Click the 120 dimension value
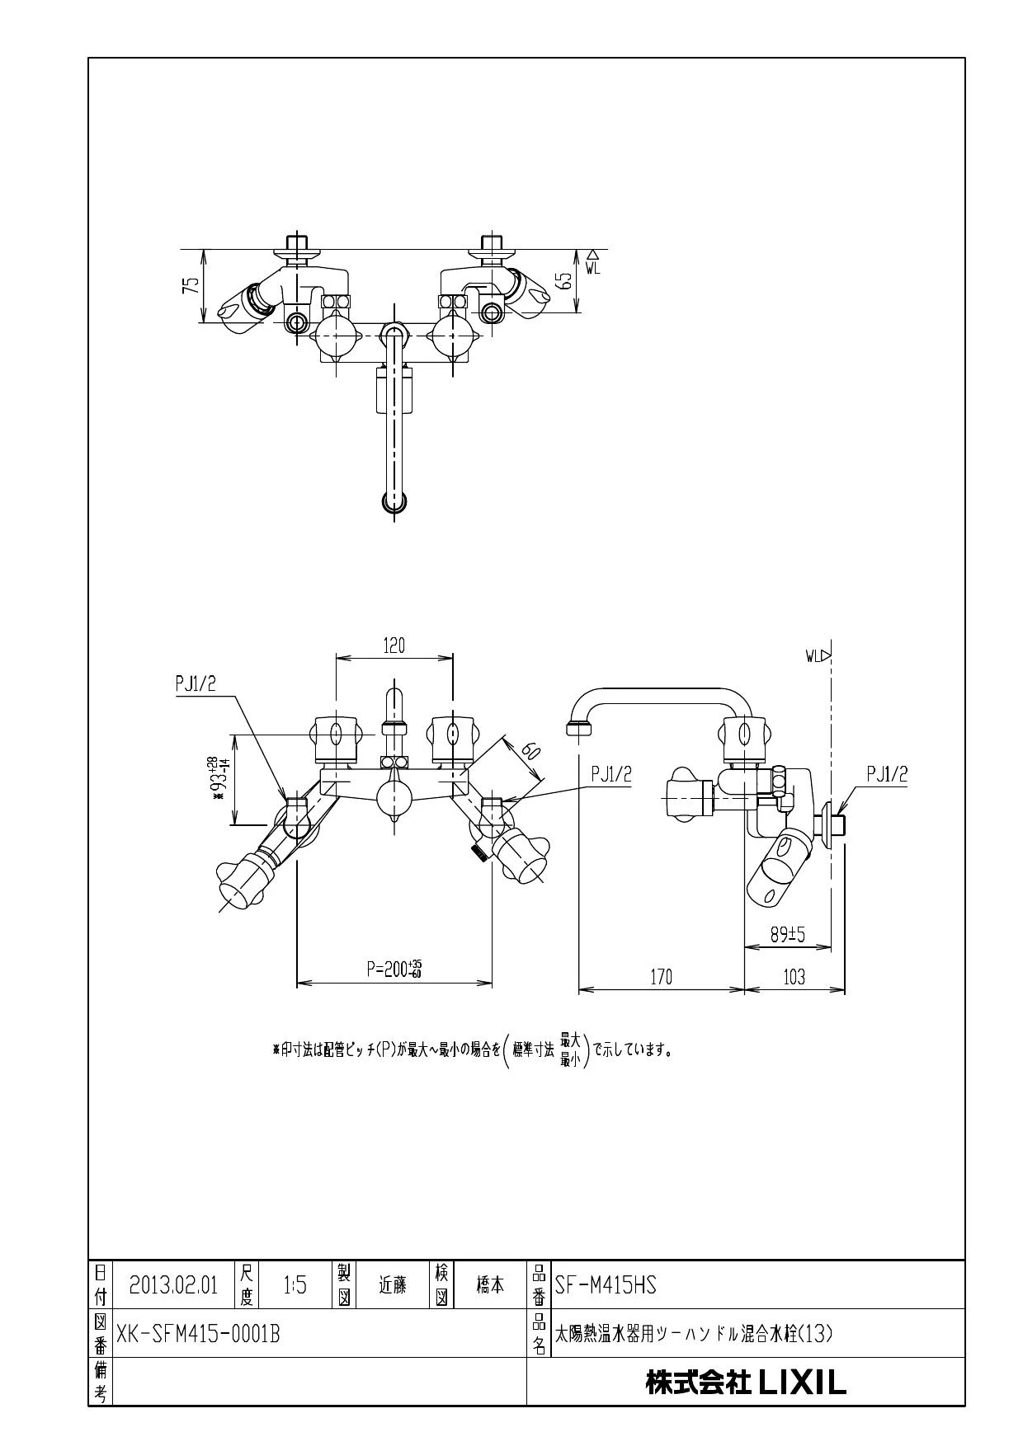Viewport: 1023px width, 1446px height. pos(394,646)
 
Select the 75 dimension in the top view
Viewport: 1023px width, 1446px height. pos(191,285)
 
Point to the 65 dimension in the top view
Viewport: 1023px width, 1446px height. pos(564,279)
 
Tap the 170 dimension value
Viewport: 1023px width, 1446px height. pos(661,977)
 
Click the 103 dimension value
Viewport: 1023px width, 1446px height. pos(793,977)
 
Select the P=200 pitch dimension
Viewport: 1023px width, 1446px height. pos(395,969)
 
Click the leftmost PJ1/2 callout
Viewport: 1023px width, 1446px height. pos(196,683)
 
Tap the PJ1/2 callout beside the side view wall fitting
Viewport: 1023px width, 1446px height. pos(887,773)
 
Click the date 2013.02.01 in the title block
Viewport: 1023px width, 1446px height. pos(173,1285)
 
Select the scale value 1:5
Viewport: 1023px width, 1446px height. pos(295,1285)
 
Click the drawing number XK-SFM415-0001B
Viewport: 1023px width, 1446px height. pos(198,1333)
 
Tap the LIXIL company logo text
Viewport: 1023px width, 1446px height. pos(746,1383)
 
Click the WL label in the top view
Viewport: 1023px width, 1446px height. pos(594,267)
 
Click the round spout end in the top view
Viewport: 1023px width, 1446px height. pos(394,500)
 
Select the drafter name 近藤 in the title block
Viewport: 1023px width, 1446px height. pos(393,1284)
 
